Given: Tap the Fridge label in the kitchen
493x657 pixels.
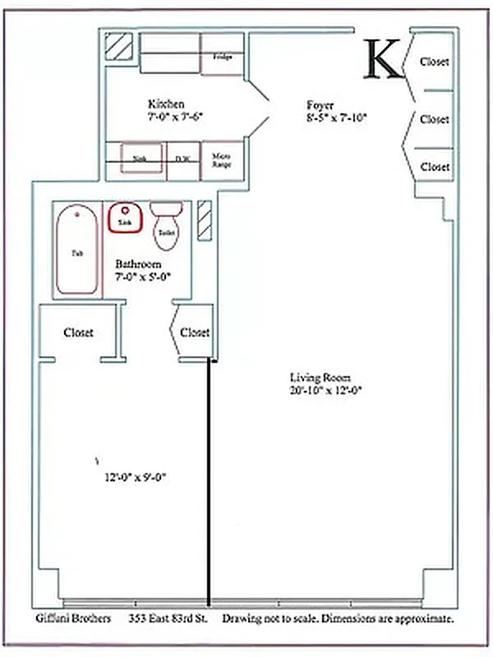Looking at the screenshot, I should coord(222,57).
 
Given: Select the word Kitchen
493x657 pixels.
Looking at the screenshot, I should coord(166,104).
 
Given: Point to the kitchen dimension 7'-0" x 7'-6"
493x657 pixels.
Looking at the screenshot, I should coord(175,117).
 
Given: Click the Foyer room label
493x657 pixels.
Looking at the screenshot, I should coord(320,104).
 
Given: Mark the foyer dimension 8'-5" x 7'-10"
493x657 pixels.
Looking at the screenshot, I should coord(335,117).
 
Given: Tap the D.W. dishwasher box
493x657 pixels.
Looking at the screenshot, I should coord(182,159).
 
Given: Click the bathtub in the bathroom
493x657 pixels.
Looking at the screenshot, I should coord(77,251).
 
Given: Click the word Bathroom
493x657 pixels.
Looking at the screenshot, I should coord(137,264).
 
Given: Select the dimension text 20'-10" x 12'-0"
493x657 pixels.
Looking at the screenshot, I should coord(325,391).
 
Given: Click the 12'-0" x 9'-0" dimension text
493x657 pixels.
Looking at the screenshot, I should coord(136,477).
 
